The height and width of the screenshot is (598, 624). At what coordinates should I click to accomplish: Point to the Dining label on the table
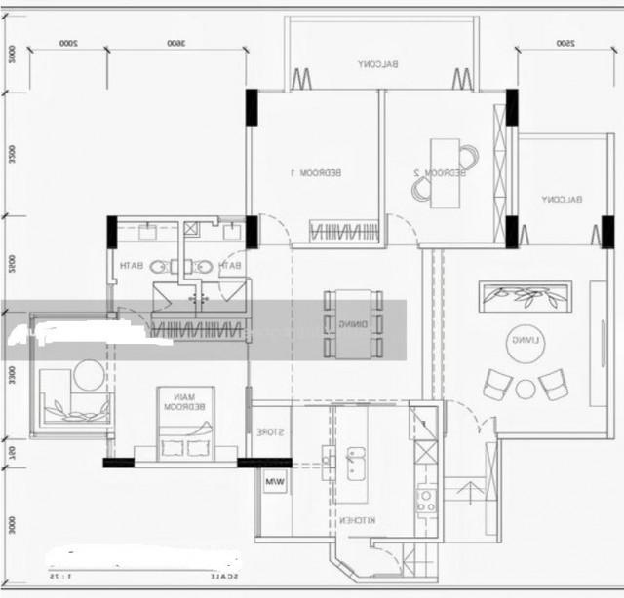coord(353,323)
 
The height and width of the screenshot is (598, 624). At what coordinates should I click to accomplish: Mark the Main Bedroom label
coord(185,401)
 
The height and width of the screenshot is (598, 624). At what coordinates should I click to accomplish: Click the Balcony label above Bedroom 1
coord(377,65)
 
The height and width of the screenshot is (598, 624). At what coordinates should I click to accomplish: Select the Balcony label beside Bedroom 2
coord(562,200)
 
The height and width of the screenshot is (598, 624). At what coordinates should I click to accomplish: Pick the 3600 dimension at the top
coord(175,43)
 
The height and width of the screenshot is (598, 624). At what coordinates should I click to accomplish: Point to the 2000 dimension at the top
coord(67,43)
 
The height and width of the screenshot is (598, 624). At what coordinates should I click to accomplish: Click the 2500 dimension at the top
coord(564,43)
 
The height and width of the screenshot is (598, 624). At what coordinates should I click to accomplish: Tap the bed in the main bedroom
coord(185,433)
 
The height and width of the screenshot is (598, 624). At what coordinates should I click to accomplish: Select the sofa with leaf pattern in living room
coord(526,296)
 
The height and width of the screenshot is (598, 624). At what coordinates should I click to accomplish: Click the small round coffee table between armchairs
coord(526,390)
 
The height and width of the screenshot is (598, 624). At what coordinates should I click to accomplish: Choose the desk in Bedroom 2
coord(445,172)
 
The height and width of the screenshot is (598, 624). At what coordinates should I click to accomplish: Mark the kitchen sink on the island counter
coord(356,458)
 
